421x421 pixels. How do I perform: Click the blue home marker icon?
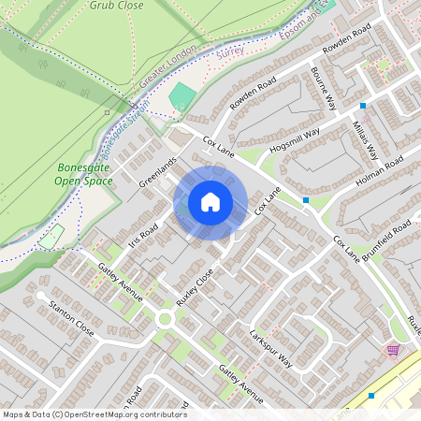(210, 202)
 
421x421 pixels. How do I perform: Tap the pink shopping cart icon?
(393, 350)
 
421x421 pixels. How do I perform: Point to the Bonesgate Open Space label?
(78, 174)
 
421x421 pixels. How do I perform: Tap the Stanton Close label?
(72, 316)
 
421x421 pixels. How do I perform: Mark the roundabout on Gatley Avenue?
(166, 318)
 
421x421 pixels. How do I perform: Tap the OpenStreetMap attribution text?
(94, 414)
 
